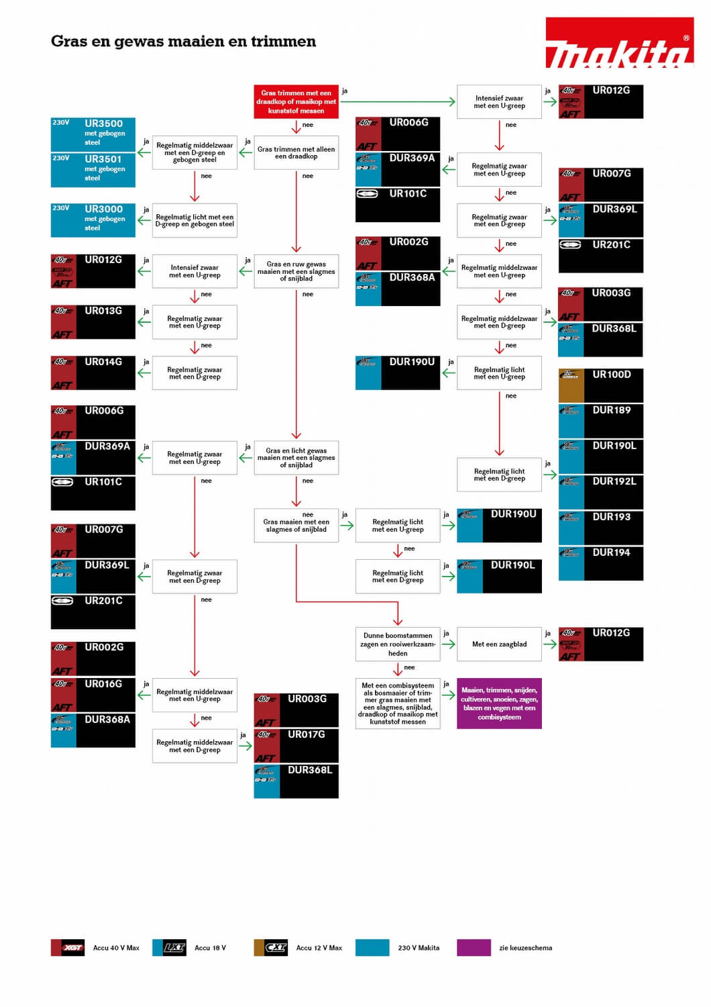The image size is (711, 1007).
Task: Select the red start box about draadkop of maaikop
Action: pyautogui.click(x=296, y=102)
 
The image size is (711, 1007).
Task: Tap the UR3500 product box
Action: pyautogui.click(x=93, y=134)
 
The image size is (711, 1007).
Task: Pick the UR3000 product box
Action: pyautogui.click(x=93, y=220)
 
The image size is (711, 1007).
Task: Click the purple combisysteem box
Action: pyautogui.click(x=499, y=704)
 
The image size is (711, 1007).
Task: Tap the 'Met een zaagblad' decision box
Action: pyautogui.click(x=499, y=644)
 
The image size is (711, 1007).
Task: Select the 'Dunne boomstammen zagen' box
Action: pyautogui.click(x=398, y=644)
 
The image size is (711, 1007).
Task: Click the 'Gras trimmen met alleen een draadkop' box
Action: pyautogui.click(x=296, y=153)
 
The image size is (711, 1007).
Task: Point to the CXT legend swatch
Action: pyautogui.click(x=270, y=948)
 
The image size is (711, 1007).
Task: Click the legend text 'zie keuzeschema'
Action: pyautogui.click(x=525, y=948)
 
